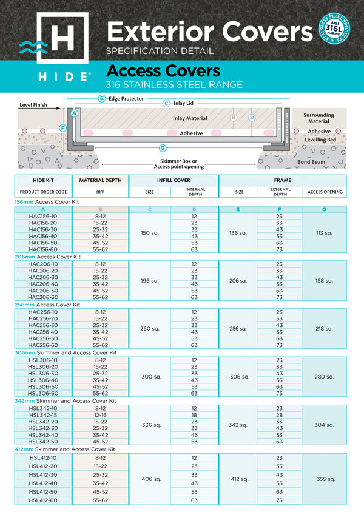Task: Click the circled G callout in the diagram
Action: point(162,148)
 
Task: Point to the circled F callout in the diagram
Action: point(62,128)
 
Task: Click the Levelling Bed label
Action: point(319,140)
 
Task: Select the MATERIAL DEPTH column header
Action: point(100,180)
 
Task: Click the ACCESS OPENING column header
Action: point(325,192)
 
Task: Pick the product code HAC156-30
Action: point(42,229)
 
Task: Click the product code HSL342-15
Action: point(42,414)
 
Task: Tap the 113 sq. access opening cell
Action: point(325,233)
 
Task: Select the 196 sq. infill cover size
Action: point(149,281)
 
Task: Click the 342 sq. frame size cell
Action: point(239,425)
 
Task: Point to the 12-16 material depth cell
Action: point(100,414)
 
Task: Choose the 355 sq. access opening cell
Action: point(325,479)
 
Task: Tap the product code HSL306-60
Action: point(42,393)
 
